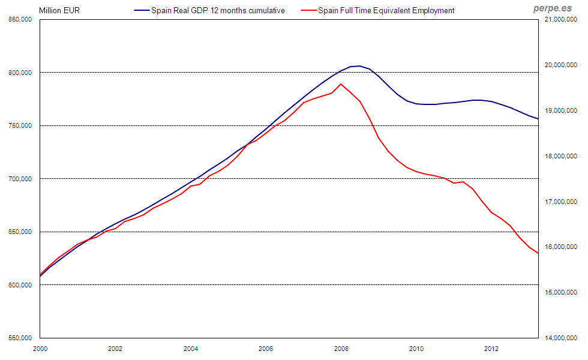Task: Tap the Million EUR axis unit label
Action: pos(59,10)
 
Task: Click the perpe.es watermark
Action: pos(552,8)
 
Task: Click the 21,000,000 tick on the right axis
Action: pos(560,20)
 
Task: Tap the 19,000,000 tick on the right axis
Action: pos(560,111)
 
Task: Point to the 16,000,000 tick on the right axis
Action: pos(560,247)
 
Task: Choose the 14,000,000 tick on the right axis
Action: pos(560,338)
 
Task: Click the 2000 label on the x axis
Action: pos(40,348)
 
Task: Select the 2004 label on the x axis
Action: pos(191,348)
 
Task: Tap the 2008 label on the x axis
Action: pos(341,348)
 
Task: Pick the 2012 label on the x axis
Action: pos(492,348)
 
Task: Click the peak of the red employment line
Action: pos(341,84)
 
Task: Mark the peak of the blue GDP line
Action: pos(359,66)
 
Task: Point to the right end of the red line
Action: pos(538,253)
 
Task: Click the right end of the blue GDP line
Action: pos(538,119)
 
